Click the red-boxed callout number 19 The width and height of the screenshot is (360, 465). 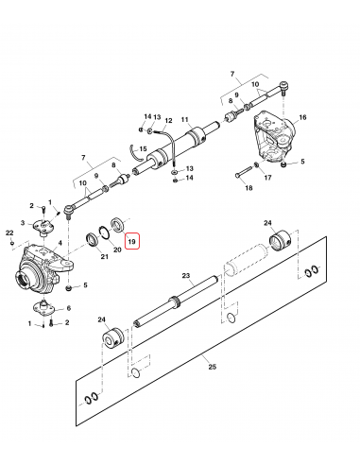pyautogui.click(x=131, y=242)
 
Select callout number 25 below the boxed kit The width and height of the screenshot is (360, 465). pyautogui.click(x=213, y=367)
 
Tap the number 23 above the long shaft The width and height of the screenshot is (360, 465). pyautogui.click(x=186, y=276)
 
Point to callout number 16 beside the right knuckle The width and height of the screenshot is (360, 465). pyautogui.click(x=302, y=117)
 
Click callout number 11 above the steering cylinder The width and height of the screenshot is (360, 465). pyautogui.click(x=185, y=119)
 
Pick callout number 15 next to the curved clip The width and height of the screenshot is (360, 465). pyautogui.click(x=143, y=148)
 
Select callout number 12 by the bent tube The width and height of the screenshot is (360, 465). pyautogui.click(x=168, y=120)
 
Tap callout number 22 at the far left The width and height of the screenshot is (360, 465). pyautogui.click(x=9, y=232)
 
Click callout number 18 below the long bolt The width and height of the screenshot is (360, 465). pyautogui.click(x=249, y=188)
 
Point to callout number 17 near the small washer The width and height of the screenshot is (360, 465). pyautogui.click(x=267, y=178)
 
